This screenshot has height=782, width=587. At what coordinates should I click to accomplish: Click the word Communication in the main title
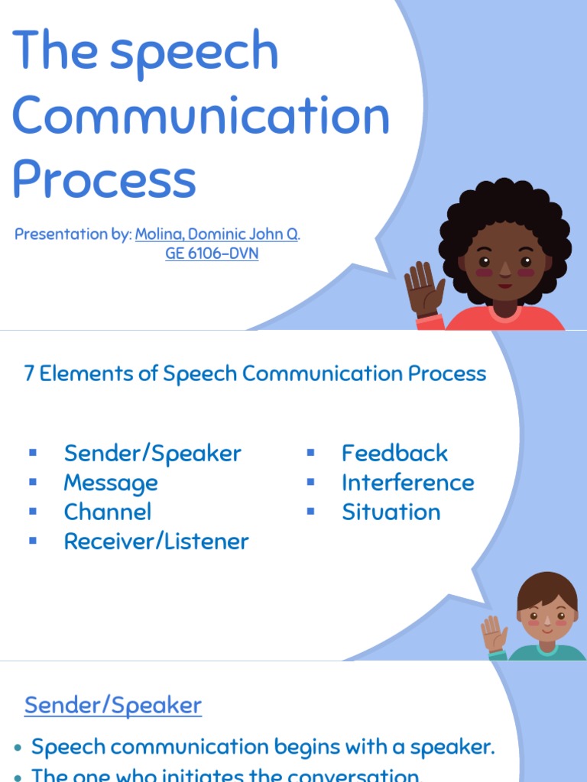201,116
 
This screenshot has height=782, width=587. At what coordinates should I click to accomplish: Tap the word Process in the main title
104,179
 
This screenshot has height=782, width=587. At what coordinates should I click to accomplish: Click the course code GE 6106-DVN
212,254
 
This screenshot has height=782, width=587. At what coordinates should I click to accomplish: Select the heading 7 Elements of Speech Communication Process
255,374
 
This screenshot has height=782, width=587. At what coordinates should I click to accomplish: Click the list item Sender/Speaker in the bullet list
152,453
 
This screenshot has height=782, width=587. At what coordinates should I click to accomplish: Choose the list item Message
111,483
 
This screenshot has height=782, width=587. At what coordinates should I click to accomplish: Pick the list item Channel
108,512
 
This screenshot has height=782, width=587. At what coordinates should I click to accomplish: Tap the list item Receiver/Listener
156,541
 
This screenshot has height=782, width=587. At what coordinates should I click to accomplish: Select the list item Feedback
394,453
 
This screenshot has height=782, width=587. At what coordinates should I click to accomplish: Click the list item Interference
407,483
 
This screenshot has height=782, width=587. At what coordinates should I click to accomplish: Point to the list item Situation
391,512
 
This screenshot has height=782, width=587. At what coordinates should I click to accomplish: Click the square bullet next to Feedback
310,453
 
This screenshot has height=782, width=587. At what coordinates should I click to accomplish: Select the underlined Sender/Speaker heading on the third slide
113,706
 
